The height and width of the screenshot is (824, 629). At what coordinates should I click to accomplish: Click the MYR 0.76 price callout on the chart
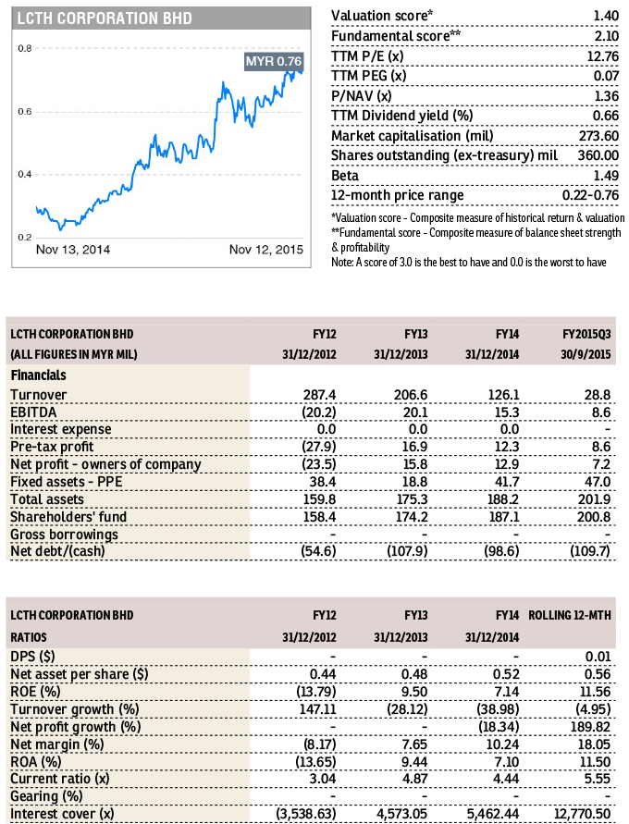tap(273, 61)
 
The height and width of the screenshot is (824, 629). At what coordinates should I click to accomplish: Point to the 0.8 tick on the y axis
tap(25, 48)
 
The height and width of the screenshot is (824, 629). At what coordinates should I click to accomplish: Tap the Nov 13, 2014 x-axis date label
tap(73, 250)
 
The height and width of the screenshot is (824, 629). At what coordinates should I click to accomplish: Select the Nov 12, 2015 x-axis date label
tap(265, 250)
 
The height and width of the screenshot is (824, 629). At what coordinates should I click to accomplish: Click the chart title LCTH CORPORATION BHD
tap(105, 18)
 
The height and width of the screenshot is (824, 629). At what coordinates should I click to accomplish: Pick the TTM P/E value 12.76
tap(603, 55)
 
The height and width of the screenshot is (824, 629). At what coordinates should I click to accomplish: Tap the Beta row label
tap(345, 176)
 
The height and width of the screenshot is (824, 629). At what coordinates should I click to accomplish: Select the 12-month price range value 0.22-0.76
tap(591, 195)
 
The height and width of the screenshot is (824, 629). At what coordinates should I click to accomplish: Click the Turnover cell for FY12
tap(319, 395)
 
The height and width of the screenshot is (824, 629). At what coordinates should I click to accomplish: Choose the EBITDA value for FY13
tap(415, 412)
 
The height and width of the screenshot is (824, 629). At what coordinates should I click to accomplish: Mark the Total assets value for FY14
tap(503, 499)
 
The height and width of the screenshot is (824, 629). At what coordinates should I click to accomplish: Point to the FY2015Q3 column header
tap(586, 334)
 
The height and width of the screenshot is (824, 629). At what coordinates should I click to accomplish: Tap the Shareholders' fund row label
tap(68, 517)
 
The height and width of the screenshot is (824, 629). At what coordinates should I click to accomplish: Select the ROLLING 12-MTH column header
tap(570, 615)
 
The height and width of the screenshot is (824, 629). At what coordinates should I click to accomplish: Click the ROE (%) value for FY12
tap(316, 692)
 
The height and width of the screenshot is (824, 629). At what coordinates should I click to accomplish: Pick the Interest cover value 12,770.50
tap(582, 814)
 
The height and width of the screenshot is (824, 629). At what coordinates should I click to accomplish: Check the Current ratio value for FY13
tap(415, 779)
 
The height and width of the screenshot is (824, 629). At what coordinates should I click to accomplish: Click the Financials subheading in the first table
tap(38, 375)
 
